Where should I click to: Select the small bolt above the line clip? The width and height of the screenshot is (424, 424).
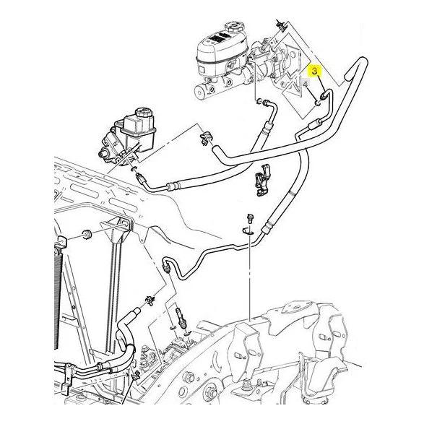click(248, 217)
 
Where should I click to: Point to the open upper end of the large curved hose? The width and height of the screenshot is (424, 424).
click(352, 72)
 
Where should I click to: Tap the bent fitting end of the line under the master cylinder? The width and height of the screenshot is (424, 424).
click(263, 105)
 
